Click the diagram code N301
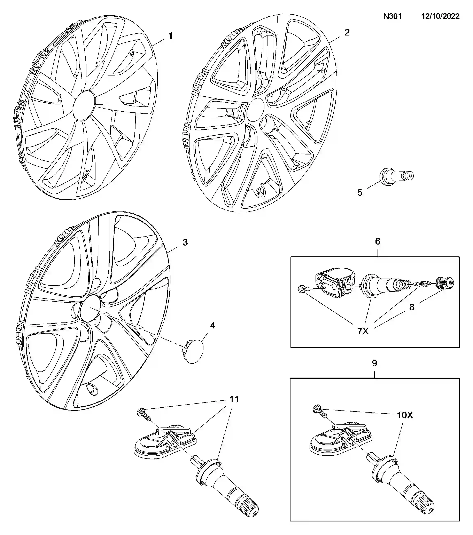click(x=392, y=16)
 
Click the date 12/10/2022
click(x=440, y=16)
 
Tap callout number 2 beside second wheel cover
click(x=347, y=32)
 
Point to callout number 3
click(x=185, y=242)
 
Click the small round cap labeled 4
click(x=194, y=352)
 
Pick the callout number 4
click(x=213, y=325)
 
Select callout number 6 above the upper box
click(x=377, y=241)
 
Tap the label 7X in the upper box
click(x=363, y=331)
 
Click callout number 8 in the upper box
click(x=412, y=307)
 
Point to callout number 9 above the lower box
click(x=374, y=363)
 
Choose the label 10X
click(x=405, y=415)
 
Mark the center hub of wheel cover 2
click(x=255, y=110)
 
